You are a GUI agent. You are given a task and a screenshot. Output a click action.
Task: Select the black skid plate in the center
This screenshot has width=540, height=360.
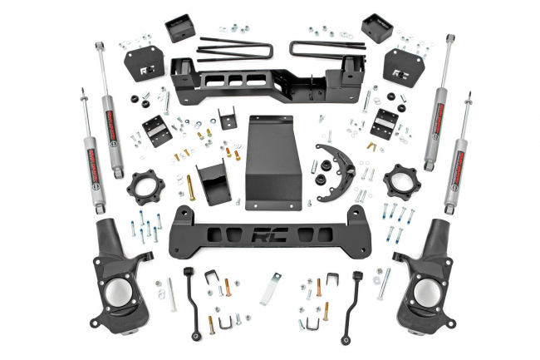pos(272,162)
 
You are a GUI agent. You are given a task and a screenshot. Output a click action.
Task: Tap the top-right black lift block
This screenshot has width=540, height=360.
pos(376,30)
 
